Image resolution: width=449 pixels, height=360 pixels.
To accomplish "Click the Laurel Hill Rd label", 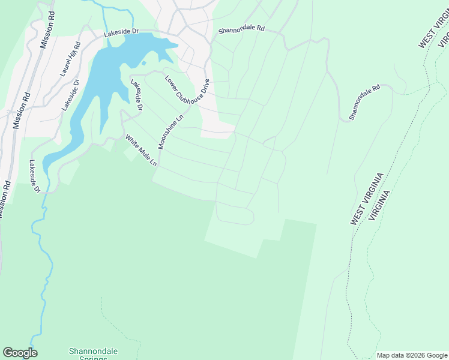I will pos(70,59).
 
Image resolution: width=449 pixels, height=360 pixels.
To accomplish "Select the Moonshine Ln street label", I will pos(170,132).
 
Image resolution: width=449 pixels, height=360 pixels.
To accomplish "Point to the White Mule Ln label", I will pos(140,151).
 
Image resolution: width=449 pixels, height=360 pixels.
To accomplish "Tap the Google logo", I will pos(20,353).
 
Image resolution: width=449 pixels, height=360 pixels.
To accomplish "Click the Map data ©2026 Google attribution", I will pos(412,355).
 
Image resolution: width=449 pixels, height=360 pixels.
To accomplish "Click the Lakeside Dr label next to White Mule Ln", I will pos(137,95).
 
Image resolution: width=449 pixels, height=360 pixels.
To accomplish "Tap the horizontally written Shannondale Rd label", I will pos(241,28).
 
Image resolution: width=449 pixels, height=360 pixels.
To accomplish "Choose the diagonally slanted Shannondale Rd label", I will pos(366,101).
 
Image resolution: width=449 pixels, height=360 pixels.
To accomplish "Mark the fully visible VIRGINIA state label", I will pos(380,205).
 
